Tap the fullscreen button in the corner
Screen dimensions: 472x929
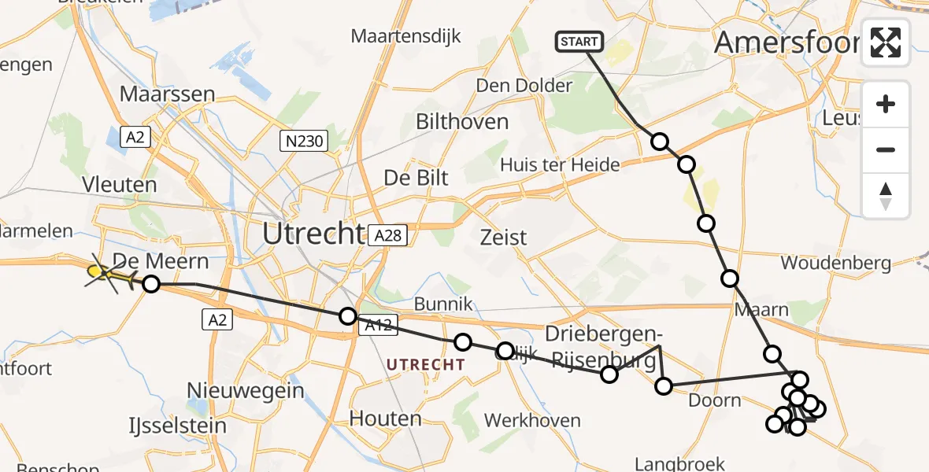point(886,42)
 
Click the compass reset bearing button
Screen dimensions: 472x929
point(886,196)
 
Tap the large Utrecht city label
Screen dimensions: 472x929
point(313,234)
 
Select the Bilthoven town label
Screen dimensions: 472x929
point(462,121)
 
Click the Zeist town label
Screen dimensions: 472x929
point(504,237)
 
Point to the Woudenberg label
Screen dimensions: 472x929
point(835,262)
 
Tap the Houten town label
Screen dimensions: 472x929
point(386,418)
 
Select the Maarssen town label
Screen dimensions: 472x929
point(167,94)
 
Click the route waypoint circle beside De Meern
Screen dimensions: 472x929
point(150,284)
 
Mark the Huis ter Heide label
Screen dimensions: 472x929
point(560,164)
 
